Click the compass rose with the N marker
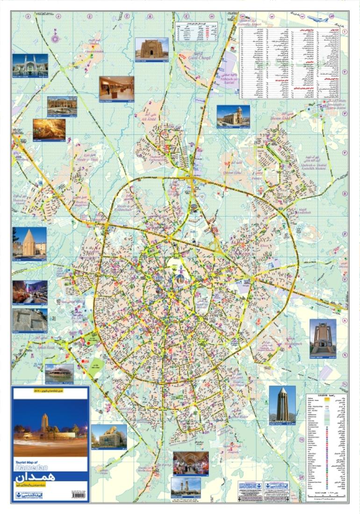pos(56,36)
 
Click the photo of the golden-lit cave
pos(49,129)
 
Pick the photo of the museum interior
pos(116,88)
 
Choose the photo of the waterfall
pos(29,292)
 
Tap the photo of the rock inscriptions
pos(29,320)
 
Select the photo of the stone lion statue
pos(108,435)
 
